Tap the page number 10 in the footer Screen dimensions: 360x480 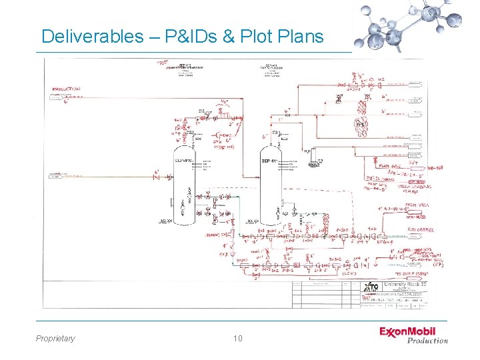pyautogui.click(x=238, y=339)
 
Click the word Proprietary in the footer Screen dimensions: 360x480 pyautogui.click(x=55, y=339)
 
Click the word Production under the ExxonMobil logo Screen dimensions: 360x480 pyautogui.click(x=427, y=341)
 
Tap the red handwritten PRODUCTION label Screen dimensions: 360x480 pyautogui.click(x=66, y=88)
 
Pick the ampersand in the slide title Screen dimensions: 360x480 pyautogui.click(x=228, y=37)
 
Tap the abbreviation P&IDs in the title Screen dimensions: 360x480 pyautogui.click(x=192, y=37)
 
